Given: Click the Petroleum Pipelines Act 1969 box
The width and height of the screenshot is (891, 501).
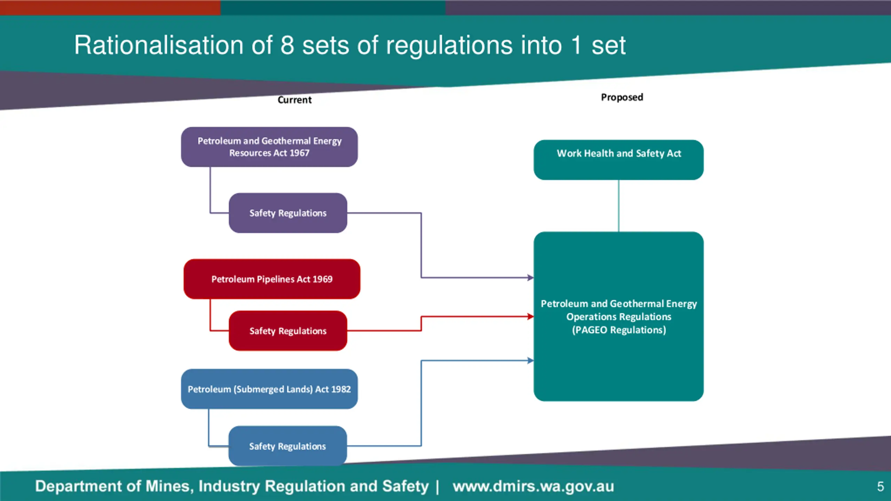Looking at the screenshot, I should [x=272, y=279].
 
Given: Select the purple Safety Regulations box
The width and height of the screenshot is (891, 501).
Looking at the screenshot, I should [x=288, y=213].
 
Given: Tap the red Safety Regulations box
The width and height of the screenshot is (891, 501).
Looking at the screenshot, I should [x=288, y=331].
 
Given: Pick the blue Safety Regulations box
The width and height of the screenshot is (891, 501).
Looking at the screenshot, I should [x=287, y=446].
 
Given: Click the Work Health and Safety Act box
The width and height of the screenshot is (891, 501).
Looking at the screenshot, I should [x=618, y=160].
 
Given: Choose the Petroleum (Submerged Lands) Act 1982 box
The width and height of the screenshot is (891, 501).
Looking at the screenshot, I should [x=269, y=389].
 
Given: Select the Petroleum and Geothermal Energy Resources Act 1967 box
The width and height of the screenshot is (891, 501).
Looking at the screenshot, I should [x=269, y=147].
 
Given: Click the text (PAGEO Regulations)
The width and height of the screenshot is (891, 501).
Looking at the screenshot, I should [x=619, y=330].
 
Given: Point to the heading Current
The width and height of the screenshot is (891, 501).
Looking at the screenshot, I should [x=294, y=100].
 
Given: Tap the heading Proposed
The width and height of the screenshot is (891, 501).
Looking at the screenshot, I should [x=622, y=97].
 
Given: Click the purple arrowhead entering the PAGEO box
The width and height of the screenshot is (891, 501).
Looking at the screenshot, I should [x=530, y=278].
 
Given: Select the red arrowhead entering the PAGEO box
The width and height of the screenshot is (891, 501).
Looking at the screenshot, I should [x=530, y=317].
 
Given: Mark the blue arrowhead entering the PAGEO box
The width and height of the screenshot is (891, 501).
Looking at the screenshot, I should [x=530, y=360].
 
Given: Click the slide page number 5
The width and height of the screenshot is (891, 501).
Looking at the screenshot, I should [x=881, y=486].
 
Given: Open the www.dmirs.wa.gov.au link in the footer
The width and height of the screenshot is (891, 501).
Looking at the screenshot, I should [x=533, y=486].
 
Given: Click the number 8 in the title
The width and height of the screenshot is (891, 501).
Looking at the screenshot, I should [x=287, y=45].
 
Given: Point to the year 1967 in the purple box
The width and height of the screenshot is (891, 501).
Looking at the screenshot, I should [x=299, y=153].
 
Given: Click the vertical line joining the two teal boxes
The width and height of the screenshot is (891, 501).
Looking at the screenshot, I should [x=618, y=206].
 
